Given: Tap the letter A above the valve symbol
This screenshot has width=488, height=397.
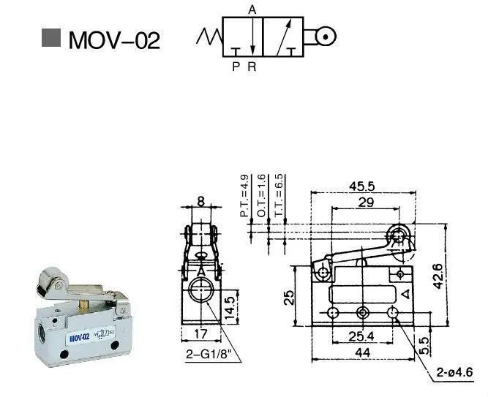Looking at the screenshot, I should coord(252,10).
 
